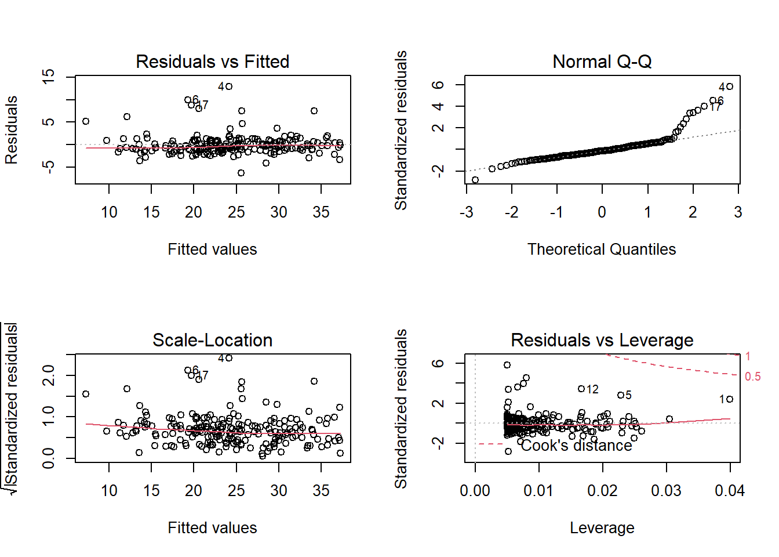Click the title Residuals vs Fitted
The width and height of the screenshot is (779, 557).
[x=212, y=62]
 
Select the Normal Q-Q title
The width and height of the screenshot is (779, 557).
[x=602, y=62]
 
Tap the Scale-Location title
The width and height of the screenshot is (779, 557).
[x=212, y=340]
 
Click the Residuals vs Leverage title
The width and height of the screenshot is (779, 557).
[x=602, y=340]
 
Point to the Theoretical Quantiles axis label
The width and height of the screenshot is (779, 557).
[x=602, y=249]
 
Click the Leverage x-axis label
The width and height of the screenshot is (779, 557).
[x=602, y=527]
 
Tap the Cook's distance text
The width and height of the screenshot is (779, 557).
[x=576, y=446]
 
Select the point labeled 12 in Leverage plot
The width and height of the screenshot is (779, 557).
[x=581, y=389]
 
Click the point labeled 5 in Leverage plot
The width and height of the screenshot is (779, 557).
[x=620, y=395]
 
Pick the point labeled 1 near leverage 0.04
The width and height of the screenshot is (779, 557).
[x=730, y=399]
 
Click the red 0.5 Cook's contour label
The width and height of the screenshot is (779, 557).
[x=752, y=377]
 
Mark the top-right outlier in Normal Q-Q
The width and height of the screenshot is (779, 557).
[x=730, y=86]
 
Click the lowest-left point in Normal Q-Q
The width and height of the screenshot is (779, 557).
[x=475, y=180]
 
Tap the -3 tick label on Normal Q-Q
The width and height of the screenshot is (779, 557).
[x=466, y=212]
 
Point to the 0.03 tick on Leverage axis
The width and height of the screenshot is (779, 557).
[x=666, y=491]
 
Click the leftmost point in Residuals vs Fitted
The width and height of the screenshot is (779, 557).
[x=86, y=121]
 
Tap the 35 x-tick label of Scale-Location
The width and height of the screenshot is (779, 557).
[x=321, y=491]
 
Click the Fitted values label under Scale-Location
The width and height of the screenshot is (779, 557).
[x=212, y=527]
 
